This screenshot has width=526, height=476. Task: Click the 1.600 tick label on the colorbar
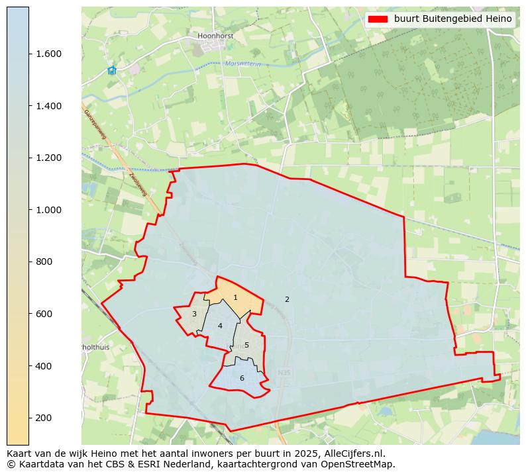(49, 54)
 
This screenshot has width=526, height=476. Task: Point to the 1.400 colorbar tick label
(49, 106)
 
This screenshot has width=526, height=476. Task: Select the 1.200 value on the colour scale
(49, 158)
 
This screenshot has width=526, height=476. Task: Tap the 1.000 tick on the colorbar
(49, 210)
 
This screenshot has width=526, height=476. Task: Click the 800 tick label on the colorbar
(45, 262)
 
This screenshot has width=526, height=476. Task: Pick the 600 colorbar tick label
(45, 314)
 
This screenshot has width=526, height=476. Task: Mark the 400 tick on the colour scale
(45, 366)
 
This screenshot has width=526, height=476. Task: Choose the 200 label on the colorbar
(45, 418)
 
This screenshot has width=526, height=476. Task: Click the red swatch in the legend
(378, 19)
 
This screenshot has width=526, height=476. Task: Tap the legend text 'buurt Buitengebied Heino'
(452, 19)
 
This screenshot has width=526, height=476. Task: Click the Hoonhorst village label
(215, 36)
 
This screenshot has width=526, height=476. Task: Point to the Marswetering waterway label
(243, 64)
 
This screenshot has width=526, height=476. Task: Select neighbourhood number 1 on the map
(235, 298)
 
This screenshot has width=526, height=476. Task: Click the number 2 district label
(287, 300)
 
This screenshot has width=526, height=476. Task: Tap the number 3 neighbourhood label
(194, 314)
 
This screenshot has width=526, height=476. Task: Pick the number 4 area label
(220, 326)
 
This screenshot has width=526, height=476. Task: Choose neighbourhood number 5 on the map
(246, 346)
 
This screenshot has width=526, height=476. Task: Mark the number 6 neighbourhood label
(242, 379)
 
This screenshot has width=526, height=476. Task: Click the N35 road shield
(284, 373)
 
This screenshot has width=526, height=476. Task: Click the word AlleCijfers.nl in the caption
(352, 454)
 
